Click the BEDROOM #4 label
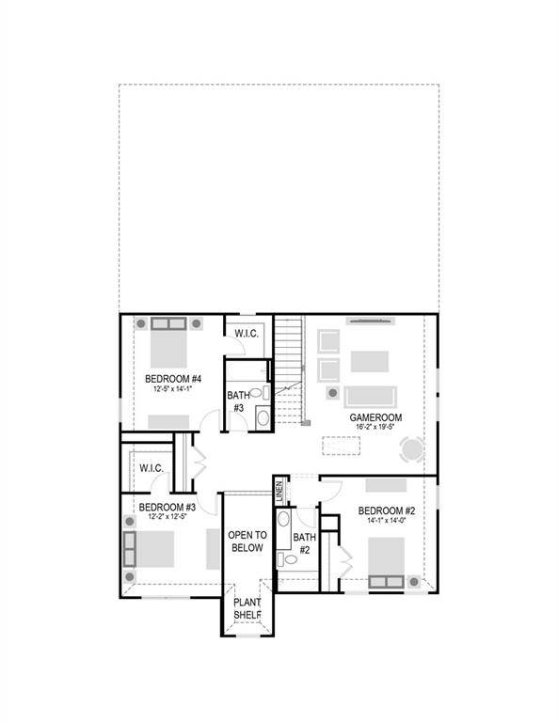coord(175,378)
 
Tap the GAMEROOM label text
coord(375,416)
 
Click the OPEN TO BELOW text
coord(247,541)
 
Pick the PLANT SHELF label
coord(247,609)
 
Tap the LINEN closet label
coord(279,490)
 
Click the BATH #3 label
coord(236,402)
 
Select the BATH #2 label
coord(304,543)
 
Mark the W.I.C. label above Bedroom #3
coord(151,467)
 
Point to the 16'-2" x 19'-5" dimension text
coord(375,427)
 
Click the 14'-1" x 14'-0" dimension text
coord(387,522)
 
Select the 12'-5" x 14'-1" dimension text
coord(175,387)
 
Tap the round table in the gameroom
coord(412,450)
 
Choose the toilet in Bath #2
coord(289,558)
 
